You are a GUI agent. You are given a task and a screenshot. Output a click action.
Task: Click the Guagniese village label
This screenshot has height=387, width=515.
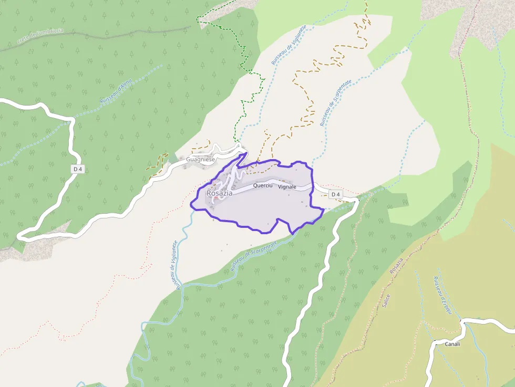tap(201, 159)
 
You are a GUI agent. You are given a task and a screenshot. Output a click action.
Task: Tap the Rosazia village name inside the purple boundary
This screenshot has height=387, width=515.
tap(219, 193)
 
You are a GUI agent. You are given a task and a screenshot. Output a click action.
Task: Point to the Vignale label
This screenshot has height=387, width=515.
tap(287, 187)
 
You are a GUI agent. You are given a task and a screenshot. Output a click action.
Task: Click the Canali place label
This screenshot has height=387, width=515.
tap(452, 344)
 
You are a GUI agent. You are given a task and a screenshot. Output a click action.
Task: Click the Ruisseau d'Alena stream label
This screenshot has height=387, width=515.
tap(116, 92)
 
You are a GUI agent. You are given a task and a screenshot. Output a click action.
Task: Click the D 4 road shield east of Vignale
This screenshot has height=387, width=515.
tap(335, 195)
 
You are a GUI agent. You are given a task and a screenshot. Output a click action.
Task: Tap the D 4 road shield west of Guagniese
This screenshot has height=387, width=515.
tap(78, 169)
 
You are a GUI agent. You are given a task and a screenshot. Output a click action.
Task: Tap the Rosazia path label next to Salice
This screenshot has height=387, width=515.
tap(397, 265)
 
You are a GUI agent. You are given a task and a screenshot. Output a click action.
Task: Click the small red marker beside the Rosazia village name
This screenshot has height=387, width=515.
tap(216, 198)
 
